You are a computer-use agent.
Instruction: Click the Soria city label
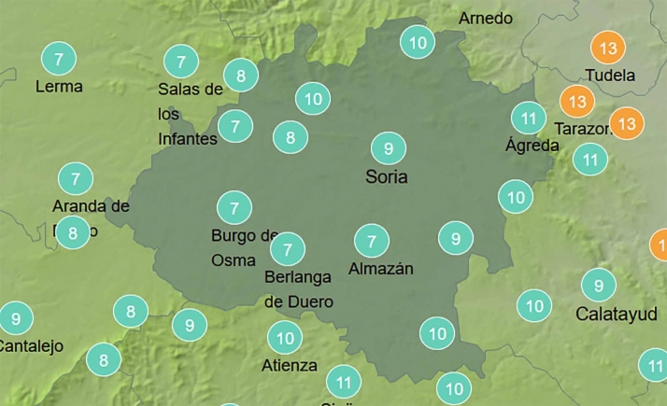[388, 176]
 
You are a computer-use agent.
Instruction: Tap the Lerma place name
[58, 87]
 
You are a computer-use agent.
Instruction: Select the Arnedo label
[486, 18]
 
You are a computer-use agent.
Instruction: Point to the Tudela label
[608, 76]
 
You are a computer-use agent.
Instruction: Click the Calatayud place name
[617, 313]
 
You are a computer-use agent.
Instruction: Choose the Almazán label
[380, 269]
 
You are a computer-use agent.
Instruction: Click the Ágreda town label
[532, 145]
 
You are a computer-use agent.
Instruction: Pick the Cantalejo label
[30, 345]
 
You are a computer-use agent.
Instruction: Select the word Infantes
[187, 139]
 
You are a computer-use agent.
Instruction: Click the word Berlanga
[298, 278]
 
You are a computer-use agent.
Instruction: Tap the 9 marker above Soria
[388, 147]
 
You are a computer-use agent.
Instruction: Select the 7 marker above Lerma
[59, 59]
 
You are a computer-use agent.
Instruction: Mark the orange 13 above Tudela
[609, 48]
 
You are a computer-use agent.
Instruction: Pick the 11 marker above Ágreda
[529, 118]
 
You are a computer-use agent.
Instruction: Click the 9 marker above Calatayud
[599, 284]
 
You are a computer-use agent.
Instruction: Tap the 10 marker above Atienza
[285, 337]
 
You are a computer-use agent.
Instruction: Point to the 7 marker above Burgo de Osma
[234, 207]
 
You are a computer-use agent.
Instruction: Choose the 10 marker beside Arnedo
[418, 42]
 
